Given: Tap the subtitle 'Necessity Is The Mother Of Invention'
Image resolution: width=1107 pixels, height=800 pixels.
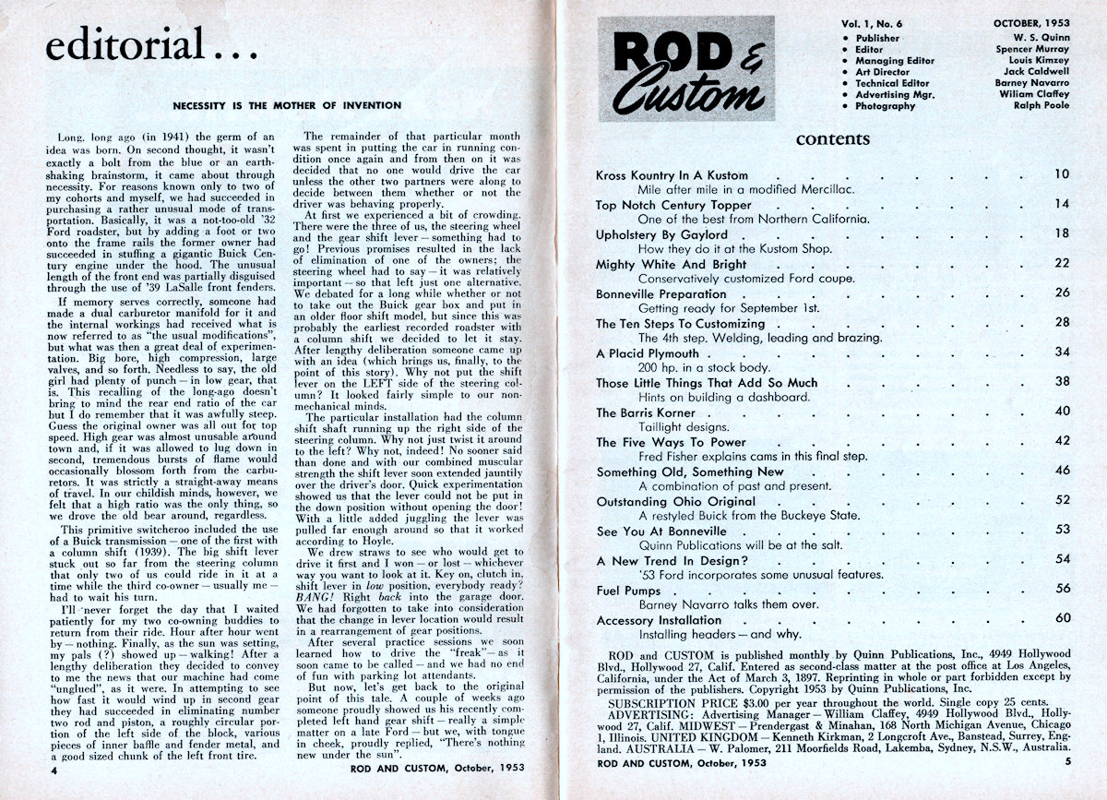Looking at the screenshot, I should pyautogui.click(x=288, y=105).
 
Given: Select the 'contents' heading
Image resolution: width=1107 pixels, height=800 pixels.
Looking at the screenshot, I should pyautogui.click(x=832, y=139).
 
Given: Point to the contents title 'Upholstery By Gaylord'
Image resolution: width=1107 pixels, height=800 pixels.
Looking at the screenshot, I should pyautogui.click(x=661, y=234).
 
